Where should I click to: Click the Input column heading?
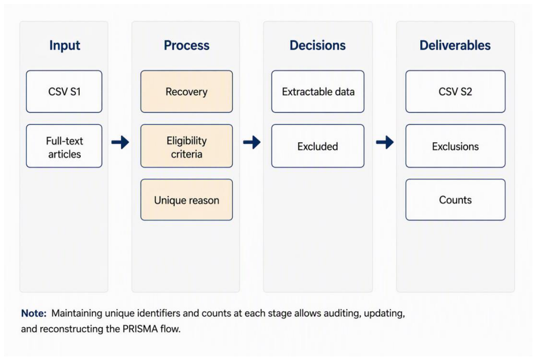(x=65, y=46)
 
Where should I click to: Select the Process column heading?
(x=186, y=45)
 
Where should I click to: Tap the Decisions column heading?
(x=317, y=45)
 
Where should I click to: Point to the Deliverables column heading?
(x=455, y=45)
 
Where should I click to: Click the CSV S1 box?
(x=64, y=91)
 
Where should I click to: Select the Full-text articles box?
(x=64, y=146)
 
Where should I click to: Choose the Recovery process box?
(x=186, y=91)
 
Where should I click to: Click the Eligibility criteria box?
(x=186, y=146)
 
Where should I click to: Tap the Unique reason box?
(x=186, y=200)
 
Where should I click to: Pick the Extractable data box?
(x=318, y=91)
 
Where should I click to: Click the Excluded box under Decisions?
(x=318, y=146)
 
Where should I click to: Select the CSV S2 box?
(x=455, y=91)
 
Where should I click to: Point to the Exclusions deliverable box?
(x=455, y=146)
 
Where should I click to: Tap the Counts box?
(x=455, y=200)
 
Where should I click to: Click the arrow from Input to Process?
(x=120, y=142)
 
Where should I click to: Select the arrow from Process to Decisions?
(x=252, y=142)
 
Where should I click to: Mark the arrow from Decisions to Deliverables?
(x=385, y=142)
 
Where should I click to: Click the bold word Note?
(x=34, y=313)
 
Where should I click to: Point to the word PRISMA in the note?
(x=140, y=329)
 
